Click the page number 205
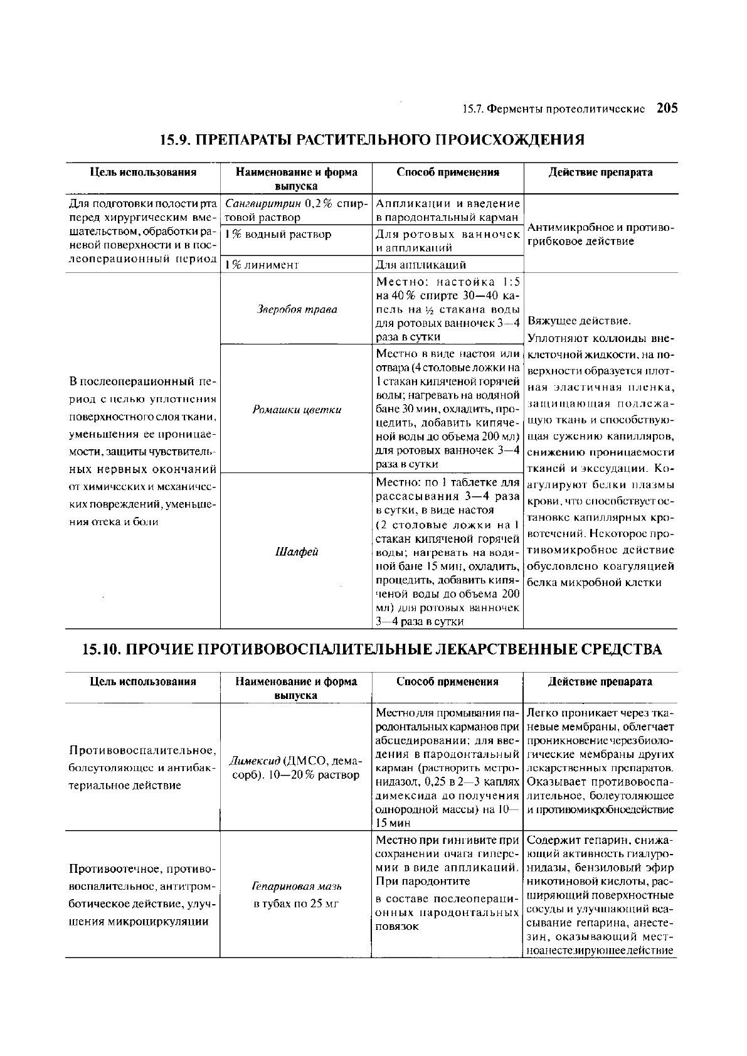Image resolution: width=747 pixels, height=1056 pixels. click(667, 108)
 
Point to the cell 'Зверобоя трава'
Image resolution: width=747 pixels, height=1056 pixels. click(297, 309)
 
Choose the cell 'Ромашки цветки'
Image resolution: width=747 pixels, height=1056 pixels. click(297, 410)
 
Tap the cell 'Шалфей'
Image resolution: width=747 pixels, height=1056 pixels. click(297, 552)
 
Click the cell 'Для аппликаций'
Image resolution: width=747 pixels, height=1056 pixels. click(420, 265)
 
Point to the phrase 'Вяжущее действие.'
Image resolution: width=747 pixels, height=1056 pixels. click(579, 321)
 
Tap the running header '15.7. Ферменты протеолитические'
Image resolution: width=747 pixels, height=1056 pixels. click(553, 109)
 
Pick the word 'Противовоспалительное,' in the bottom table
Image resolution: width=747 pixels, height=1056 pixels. click(143, 751)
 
